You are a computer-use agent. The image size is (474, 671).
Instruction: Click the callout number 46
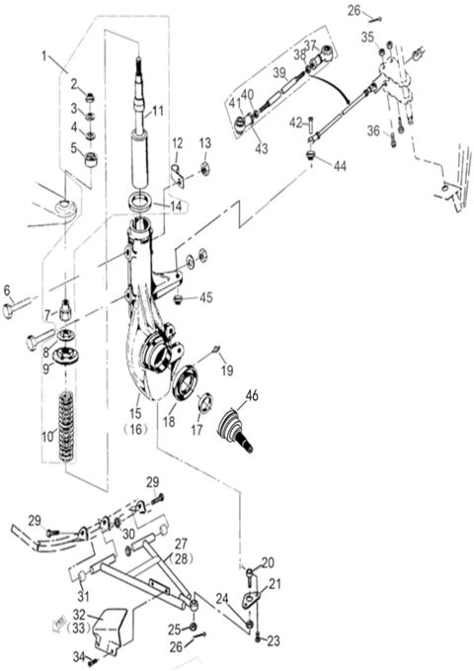click(252, 395)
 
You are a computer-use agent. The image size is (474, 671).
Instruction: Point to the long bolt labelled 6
click(20, 309)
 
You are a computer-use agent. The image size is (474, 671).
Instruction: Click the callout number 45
click(205, 297)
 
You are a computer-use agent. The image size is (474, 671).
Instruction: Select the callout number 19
click(226, 371)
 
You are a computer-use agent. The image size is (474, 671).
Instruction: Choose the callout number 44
click(340, 166)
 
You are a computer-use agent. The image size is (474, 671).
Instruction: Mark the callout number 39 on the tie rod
click(279, 72)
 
